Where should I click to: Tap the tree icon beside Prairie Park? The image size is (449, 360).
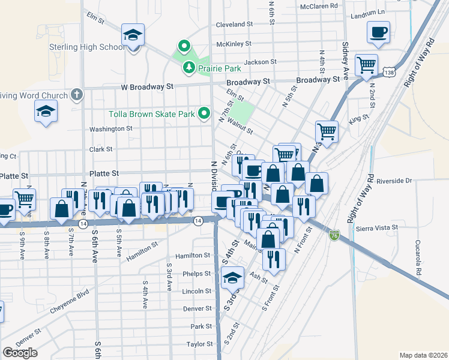click(189, 67)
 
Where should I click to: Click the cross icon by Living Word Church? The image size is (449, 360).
click(76, 94)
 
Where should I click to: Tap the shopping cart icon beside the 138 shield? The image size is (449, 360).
click(366, 64)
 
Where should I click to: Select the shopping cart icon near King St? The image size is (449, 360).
click(327, 130)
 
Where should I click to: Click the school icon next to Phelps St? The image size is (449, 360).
click(233, 278)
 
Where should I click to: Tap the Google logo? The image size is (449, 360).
click(20, 352)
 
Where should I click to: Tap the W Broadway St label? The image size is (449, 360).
click(146, 87)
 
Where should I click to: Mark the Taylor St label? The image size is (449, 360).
click(199, 344)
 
